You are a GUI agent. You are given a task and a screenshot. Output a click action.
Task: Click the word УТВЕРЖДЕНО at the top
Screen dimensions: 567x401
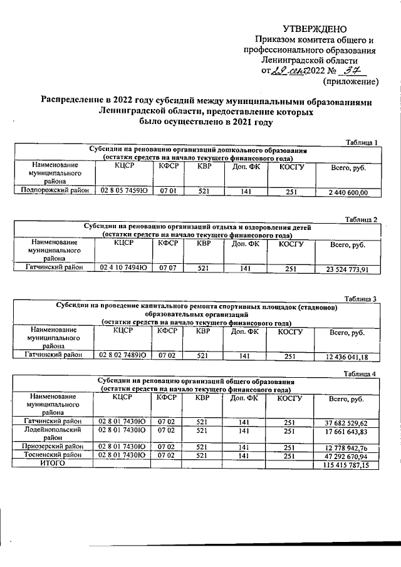coord(315,29)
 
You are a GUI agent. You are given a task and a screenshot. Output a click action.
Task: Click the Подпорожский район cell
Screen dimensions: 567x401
coord(54,192)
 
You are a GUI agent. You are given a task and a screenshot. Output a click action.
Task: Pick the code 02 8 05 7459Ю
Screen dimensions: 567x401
coord(123,192)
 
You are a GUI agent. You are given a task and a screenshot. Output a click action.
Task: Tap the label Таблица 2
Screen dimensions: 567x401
coord(362,219)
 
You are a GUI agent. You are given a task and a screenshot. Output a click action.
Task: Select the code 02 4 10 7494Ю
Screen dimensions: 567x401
coord(123,269)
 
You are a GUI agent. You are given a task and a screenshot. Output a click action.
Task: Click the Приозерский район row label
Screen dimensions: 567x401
coord(53,446)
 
